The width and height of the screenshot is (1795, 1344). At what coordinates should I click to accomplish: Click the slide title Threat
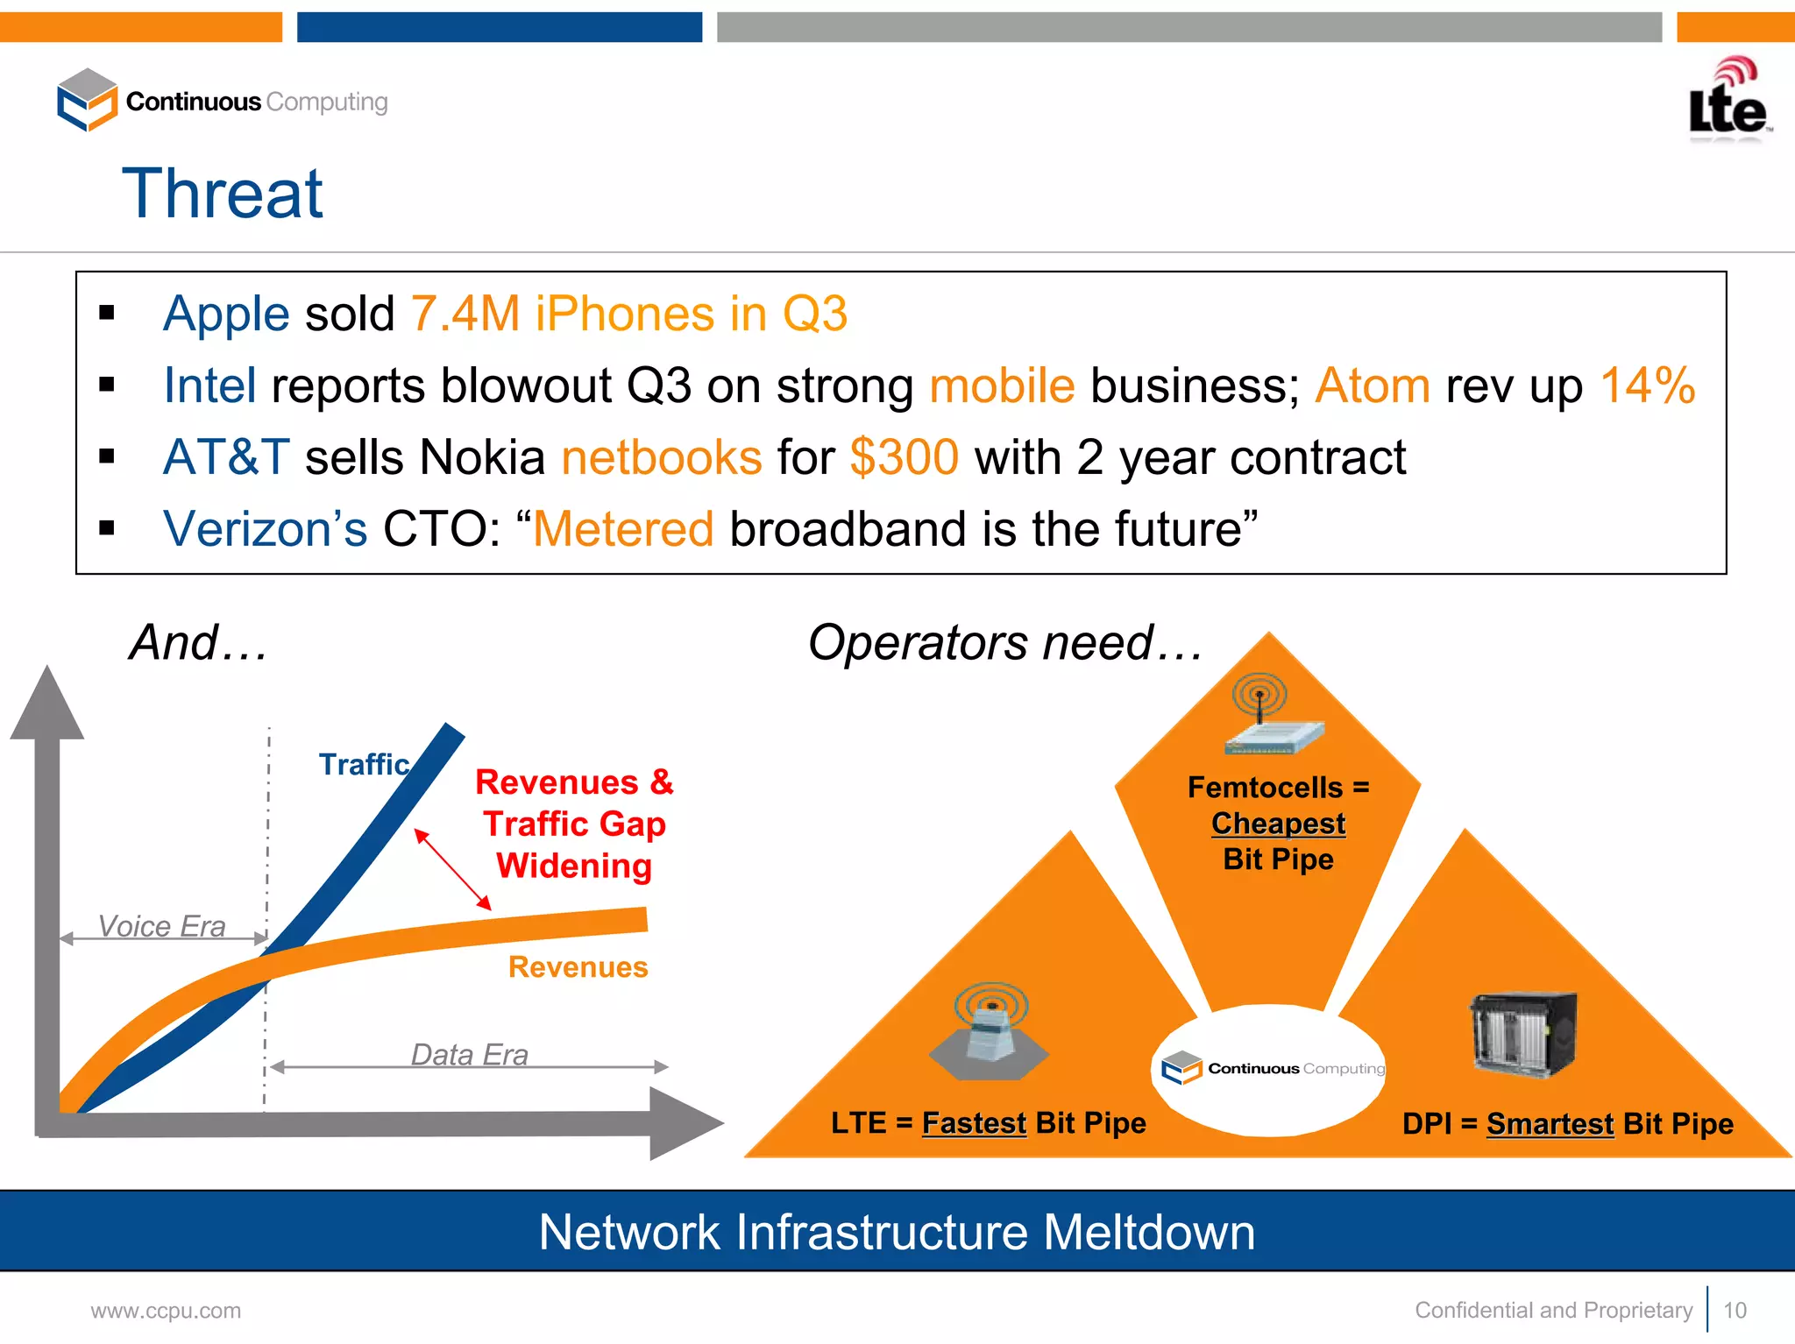[223, 194]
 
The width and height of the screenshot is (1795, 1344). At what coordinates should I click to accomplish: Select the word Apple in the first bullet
[226, 314]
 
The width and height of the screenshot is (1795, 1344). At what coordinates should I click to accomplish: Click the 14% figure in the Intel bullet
[1647, 386]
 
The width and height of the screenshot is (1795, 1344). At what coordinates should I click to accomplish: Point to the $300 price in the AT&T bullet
[904, 457]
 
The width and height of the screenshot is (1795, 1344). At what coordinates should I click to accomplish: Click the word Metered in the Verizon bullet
[623, 529]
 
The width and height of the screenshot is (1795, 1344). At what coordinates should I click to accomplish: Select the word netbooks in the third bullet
[662, 457]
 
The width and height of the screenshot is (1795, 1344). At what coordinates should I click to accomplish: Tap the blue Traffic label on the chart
[364, 764]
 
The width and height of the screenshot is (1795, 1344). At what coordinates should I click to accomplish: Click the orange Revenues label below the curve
[578, 966]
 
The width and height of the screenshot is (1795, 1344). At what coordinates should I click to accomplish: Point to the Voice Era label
[161, 926]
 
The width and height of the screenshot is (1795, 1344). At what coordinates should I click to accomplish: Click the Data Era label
[470, 1054]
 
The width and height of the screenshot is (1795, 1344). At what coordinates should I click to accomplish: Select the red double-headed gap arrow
[453, 869]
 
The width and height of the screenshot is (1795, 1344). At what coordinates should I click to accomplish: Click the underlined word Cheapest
[1278, 824]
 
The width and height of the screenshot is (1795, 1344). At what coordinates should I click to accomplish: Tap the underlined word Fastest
[974, 1122]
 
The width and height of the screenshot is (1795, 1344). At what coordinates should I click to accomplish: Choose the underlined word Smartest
[1550, 1123]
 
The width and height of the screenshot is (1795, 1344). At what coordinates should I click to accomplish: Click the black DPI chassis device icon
[1522, 1034]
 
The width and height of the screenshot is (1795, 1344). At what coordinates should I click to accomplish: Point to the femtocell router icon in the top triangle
[1273, 716]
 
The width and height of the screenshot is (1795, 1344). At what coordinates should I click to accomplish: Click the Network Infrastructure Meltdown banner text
[897, 1232]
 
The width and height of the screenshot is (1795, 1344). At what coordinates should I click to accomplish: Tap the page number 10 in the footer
[1735, 1310]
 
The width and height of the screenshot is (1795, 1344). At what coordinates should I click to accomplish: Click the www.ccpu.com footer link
[166, 1311]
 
